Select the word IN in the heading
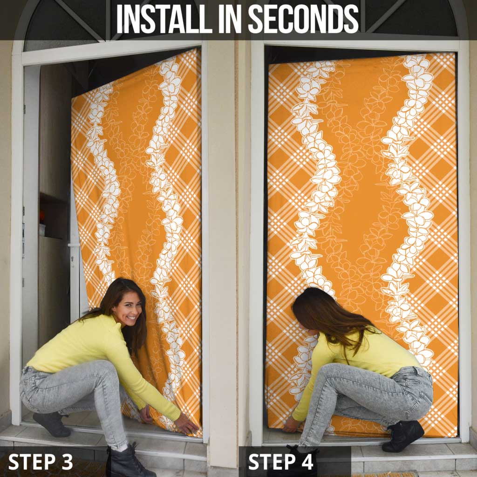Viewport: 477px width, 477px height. click(230, 19)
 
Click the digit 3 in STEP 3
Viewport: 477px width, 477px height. click(67, 462)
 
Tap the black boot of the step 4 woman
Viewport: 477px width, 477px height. click(402, 436)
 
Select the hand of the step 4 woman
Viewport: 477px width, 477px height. click(291, 425)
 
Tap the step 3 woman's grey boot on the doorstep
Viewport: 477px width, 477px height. click(52, 424)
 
